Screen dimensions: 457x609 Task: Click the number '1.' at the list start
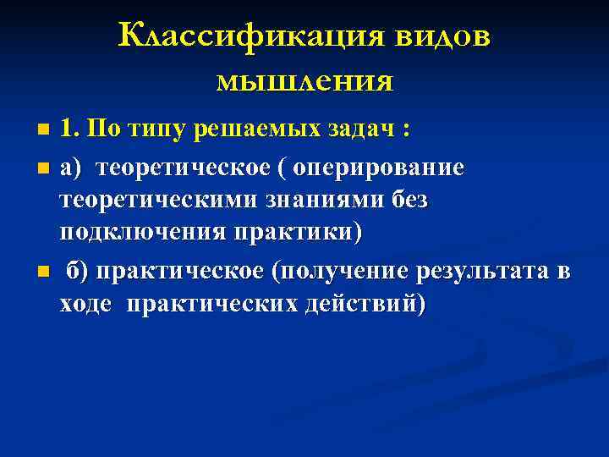tap(70, 130)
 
